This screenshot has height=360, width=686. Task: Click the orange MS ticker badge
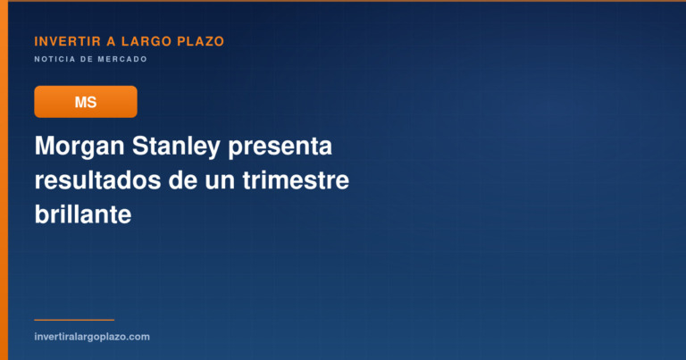[86, 102]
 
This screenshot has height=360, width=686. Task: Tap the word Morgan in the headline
[79, 147]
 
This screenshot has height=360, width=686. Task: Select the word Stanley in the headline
[176, 147]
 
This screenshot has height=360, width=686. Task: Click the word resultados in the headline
[97, 180]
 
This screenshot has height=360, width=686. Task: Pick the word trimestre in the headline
[296, 180]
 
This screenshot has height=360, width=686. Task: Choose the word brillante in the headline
[83, 214]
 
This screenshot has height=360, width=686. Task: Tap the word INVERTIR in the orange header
[68, 42]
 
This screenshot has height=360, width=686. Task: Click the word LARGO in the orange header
[146, 42]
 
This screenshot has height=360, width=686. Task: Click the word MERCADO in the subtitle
[122, 59]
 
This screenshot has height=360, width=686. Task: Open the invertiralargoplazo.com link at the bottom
[92, 337]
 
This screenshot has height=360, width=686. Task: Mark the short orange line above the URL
[74, 320]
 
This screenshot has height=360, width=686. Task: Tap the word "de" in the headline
[183, 180]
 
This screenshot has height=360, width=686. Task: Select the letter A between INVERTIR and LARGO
[111, 42]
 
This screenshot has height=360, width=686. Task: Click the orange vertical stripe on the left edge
[4, 180]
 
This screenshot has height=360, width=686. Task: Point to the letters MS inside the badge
[86, 103]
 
